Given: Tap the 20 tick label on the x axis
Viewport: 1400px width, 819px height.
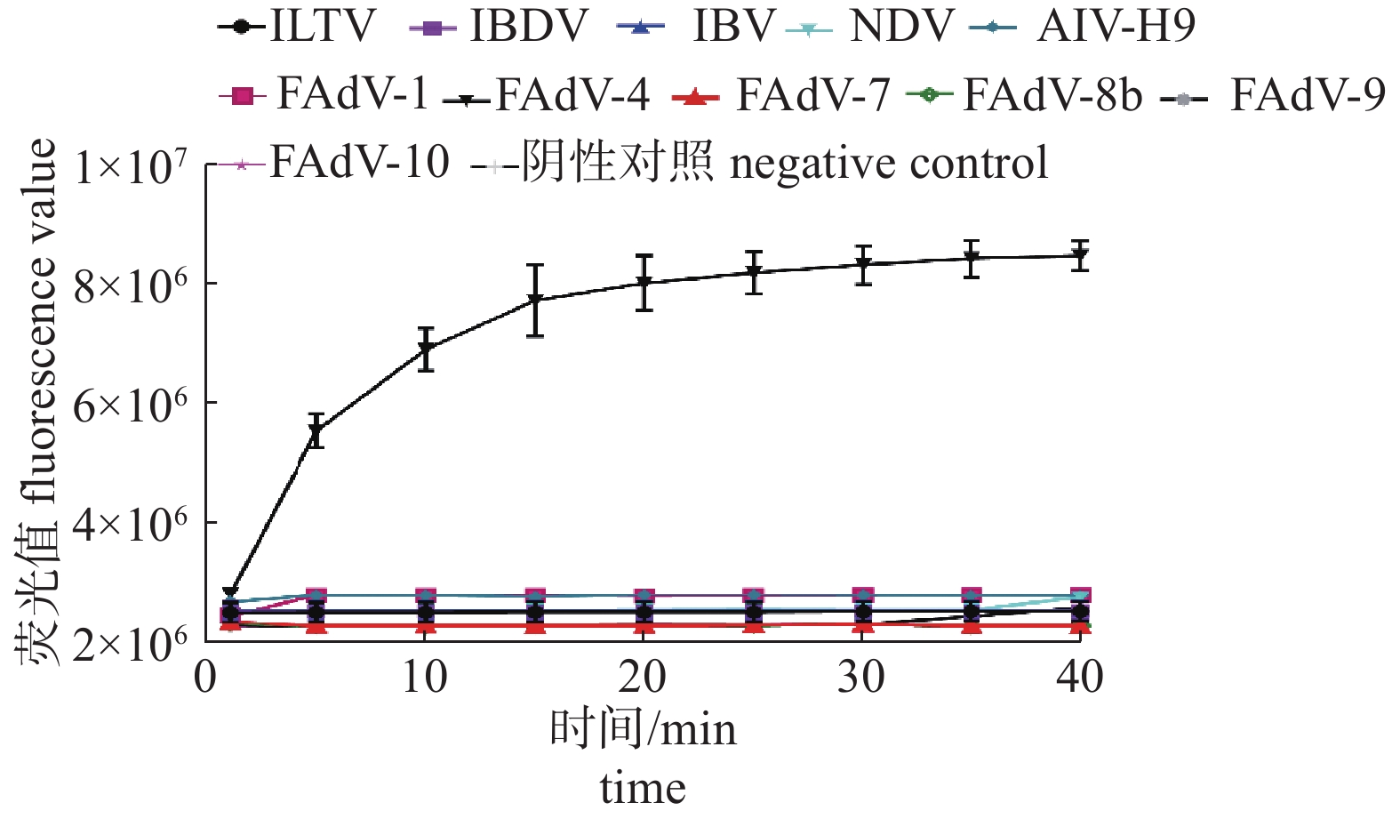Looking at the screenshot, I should (643, 678).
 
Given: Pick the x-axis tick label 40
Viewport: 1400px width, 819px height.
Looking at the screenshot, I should (1080, 678).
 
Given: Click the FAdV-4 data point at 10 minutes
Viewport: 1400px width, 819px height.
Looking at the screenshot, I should (426, 348).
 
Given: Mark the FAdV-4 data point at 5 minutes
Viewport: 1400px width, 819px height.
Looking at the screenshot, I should (316, 432).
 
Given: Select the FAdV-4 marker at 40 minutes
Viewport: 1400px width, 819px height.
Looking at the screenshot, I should (1080, 256).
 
